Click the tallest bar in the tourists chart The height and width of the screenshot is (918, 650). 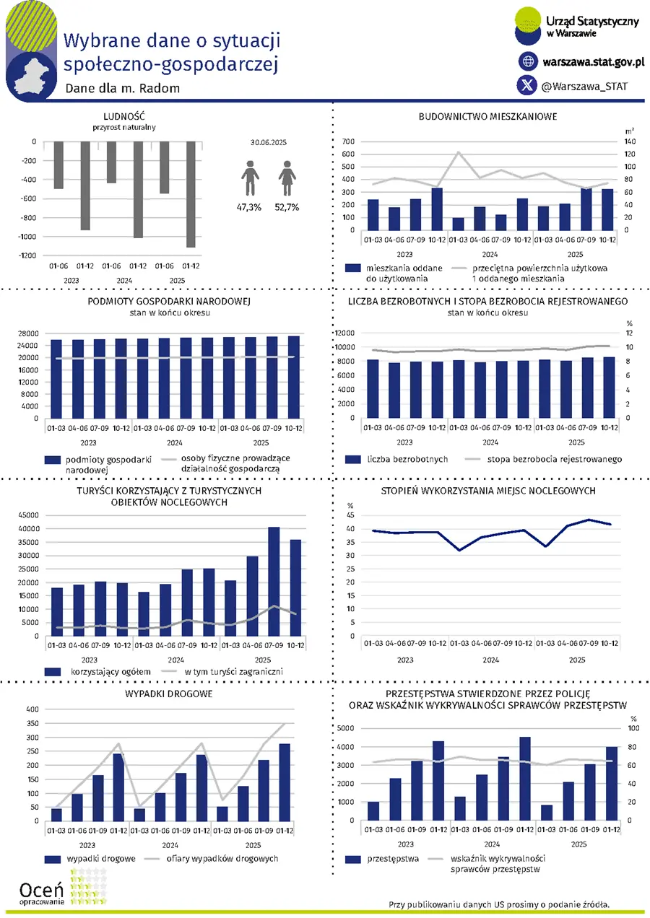coord(274,581)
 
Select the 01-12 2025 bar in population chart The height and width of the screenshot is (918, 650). coord(191,194)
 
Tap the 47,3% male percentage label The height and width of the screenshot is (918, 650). coord(249,207)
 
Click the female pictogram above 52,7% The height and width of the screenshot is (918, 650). coord(287,178)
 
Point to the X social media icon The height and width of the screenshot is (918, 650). coord(527,85)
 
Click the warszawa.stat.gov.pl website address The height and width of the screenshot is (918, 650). coord(594,62)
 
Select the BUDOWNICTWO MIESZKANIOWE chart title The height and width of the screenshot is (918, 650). coord(487,117)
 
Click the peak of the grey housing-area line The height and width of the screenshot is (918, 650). coord(459,152)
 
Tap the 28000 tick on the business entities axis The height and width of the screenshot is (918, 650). coord(28,333)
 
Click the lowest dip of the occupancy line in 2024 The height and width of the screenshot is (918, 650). coord(459,550)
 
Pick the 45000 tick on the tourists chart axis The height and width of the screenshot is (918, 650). coord(29,515)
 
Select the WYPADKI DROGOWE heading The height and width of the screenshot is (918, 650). coord(169,694)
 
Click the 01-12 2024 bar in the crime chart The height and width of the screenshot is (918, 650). coord(525,779)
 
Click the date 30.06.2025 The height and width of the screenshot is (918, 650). coord(269,143)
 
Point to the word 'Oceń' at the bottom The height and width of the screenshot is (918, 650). coord(41,890)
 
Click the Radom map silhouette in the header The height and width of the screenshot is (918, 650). coord(32,77)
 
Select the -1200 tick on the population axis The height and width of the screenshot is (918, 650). coord(28,255)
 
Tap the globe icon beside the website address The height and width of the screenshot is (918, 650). coord(528,61)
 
